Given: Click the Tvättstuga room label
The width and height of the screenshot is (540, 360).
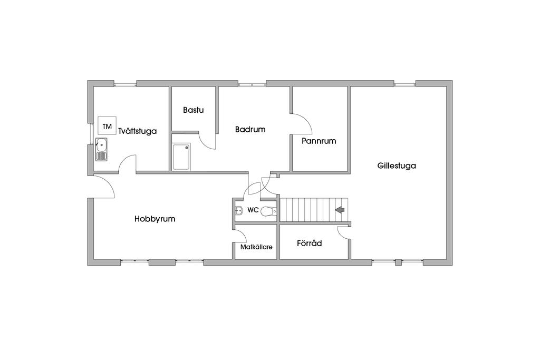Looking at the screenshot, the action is click(x=138, y=131).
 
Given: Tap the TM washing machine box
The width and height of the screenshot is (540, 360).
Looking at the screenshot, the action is click(x=108, y=127).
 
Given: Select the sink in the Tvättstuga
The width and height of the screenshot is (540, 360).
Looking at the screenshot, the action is click(x=101, y=149).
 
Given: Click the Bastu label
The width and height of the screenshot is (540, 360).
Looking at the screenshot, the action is click(x=193, y=110).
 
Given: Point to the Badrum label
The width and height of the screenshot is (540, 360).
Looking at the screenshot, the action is click(x=250, y=129).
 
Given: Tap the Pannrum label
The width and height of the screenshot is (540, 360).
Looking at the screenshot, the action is click(x=319, y=141).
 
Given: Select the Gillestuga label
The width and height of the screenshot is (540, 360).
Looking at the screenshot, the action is click(x=397, y=166).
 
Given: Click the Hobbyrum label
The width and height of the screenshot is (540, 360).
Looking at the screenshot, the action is click(x=155, y=219).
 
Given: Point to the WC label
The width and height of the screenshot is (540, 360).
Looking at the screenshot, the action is click(x=253, y=210).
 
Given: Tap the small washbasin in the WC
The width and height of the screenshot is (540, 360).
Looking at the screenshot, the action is click(x=238, y=211).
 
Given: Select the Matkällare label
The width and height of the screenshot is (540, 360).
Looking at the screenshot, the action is click(x=256, y=246).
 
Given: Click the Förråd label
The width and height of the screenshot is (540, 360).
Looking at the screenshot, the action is click(x=309, y=244).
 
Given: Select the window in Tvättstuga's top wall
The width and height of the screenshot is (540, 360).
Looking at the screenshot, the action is click(x=126, y=83).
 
